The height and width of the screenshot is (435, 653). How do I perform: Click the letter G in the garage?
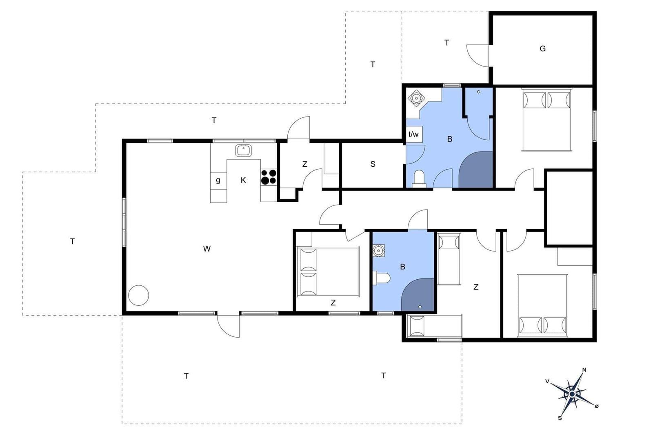pyautogui.click(x=542, y=49)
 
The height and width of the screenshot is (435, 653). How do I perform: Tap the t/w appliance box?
pyautogui.click(x=414, y=134)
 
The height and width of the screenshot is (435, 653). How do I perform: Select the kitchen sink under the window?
pyautogui.click(x=243, y=150)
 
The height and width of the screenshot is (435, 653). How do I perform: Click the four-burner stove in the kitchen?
pyautogui.click(x=269, y=177)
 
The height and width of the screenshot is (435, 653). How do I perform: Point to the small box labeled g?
pyautogui.click(x=218, y=181)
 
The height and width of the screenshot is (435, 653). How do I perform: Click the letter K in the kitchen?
pyautogui.click(x=243, y=180)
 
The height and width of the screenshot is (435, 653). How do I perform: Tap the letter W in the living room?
pyautogui.click(x=207, y=249)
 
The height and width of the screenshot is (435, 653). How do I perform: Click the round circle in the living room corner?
pyautogui.click(x=139, y=295)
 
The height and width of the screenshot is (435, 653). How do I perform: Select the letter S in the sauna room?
pyautogui.click(x=373, y=164)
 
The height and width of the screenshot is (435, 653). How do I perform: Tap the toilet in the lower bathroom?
pyautogui.click(x=382, y=278)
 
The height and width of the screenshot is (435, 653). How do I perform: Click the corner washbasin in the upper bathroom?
pyautogui.click(x=416, y=98)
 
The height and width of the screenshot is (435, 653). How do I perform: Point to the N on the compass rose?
pyautogui.click(x=584, y=370)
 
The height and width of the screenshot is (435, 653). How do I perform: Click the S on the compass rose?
pyautogui.click(x=560, y=418)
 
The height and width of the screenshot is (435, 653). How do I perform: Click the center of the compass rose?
pyautogui.click(x=572, y=394)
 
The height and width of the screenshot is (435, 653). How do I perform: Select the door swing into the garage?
pyautogui.click(x=478, y=55)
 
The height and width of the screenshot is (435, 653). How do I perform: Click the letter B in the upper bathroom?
pyautogui.click(x=450, y=139)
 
